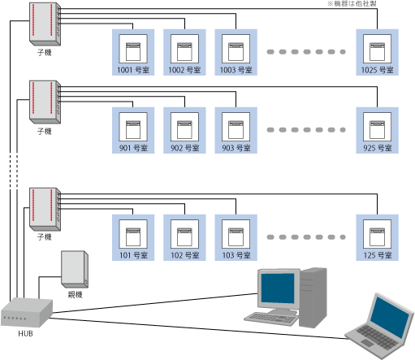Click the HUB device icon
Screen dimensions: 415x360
tap(27, 312)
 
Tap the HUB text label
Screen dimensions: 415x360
tap(25, 334)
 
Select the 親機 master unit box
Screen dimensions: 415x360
tap(75, 269)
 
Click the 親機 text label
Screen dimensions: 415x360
tap(75, 294)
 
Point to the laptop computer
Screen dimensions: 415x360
tap(379, 327)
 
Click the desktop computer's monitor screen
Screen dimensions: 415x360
tap(278, 288)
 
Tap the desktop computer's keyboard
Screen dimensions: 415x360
tap(271, 319)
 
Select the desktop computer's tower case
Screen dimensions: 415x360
tap(313, 297)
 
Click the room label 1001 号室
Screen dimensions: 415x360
tap(133, 70)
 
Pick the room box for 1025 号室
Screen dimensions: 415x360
tap(377, 52)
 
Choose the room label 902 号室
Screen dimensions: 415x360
tap(185, 148)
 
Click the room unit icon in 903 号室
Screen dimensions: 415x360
tap(236, 130)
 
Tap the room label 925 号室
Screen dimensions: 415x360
tap(378, 148)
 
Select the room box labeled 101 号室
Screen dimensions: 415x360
tap(133, 237)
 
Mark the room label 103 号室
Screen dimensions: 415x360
tap(236, 255)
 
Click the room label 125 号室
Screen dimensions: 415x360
tap(378, 255)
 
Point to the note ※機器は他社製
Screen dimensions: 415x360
tap(352, 3)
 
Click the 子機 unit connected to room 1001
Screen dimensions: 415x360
tap(45, 24)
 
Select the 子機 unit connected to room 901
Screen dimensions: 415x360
tap(45, 102)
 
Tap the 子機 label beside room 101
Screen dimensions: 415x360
tap(45, 237)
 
